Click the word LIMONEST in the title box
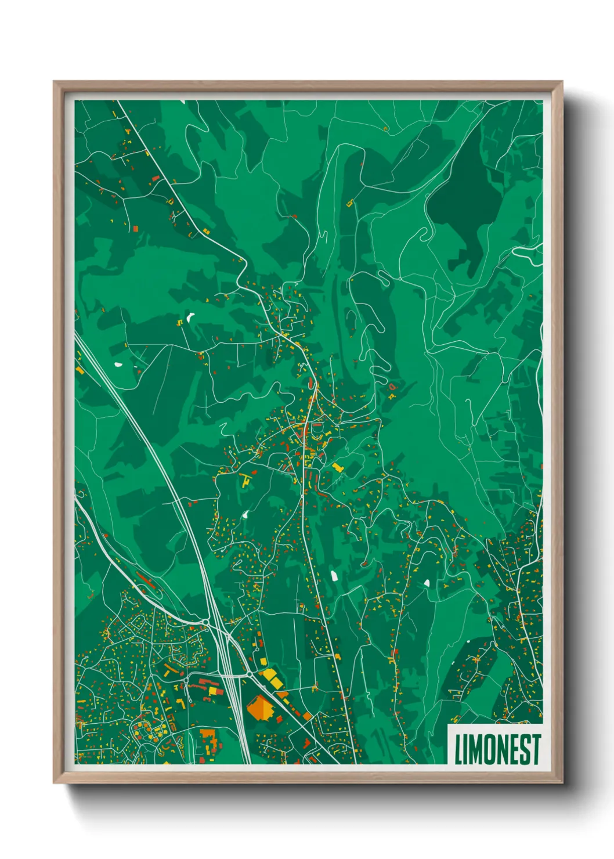tap(497, 749)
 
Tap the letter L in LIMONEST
tap(458, 749)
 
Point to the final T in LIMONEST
tap(536, 749)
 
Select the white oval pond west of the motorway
tap(118, 365)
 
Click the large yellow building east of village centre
tap(337, 466)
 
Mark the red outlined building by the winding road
tap(392, 386)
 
